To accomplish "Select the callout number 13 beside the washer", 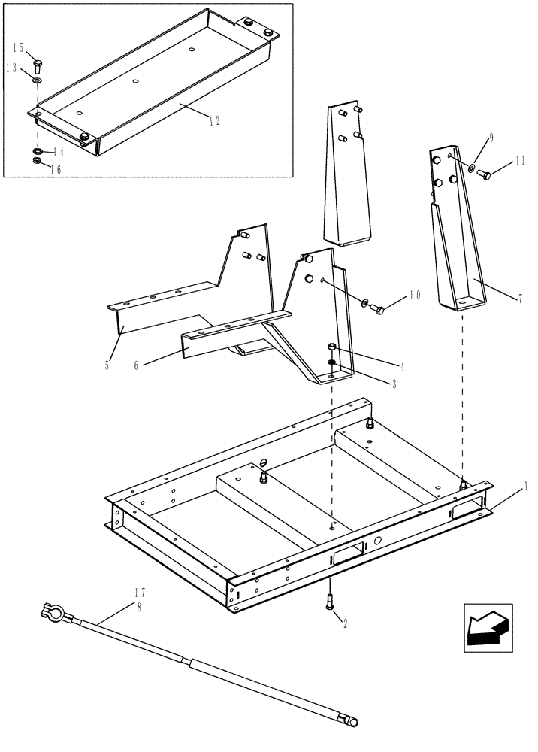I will (13, 68).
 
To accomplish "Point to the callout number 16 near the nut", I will (55, 170).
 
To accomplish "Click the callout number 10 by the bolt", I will (413, 295).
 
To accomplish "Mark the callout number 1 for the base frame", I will (525, 487).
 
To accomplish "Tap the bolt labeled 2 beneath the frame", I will (329, 602).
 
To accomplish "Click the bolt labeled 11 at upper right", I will (486, 175).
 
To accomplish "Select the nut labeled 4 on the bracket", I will (331, 347).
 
